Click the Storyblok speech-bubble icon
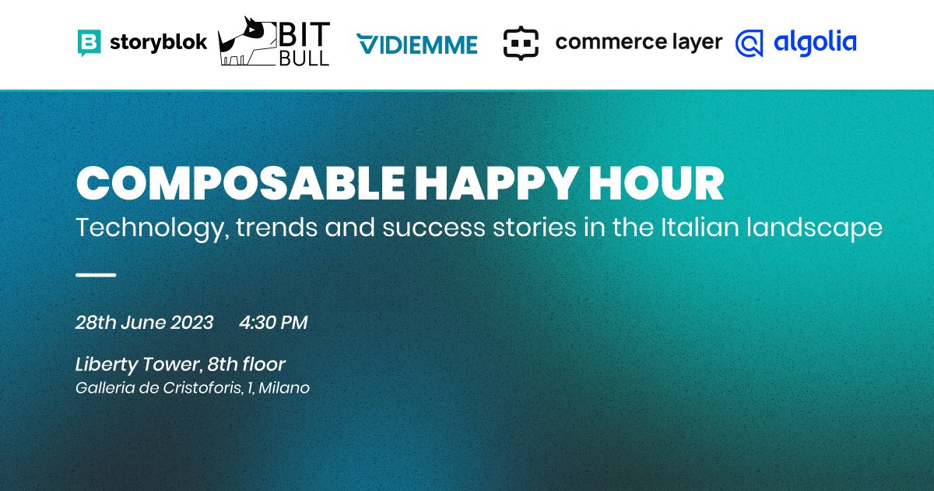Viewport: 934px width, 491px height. pyautogui.click(x=90, y=43)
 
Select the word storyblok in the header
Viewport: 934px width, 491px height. pyautogui.click(x=157, y=42)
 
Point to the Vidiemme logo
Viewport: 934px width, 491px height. pyautogui.click(x=416, y=44)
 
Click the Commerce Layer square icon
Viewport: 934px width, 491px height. pyautogui.click(x=521, y=43)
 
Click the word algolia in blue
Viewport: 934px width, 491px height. pyautogui.click(x=815, y=42)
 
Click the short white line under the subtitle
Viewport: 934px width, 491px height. pyautogui.click(x=96, y=275)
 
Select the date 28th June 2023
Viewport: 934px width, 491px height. pyautogui.click(x=144, y=323)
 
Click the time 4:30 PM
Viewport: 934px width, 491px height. pyautogui.click(x=273, y=323)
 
